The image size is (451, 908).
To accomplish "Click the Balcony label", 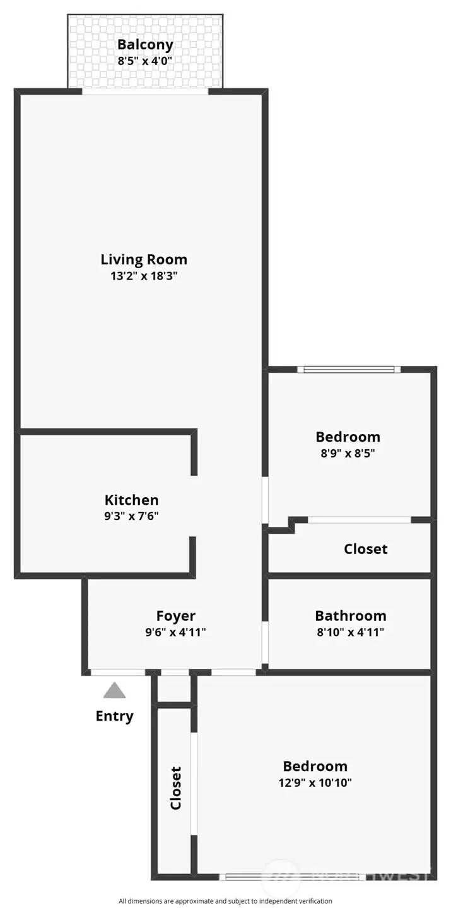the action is point(145,45).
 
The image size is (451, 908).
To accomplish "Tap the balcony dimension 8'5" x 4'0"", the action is point(145,61).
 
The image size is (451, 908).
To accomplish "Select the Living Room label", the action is point(144,259).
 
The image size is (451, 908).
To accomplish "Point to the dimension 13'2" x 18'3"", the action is point(144,276).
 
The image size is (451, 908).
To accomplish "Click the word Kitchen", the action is point(131,500).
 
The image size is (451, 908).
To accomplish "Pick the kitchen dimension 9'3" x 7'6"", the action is point(131,516).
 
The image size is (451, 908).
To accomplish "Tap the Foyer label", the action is point(176,616).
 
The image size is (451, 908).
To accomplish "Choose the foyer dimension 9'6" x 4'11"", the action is point(175,632).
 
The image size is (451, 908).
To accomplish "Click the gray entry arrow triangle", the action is point(115,690).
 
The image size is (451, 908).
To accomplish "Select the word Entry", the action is point(114,716).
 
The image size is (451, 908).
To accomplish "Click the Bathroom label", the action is point(351,616).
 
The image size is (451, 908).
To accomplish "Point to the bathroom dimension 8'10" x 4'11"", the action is point(351,632).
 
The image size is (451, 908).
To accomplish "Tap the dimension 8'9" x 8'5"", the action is point(348,453).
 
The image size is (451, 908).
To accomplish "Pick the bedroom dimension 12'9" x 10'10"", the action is point(315,782).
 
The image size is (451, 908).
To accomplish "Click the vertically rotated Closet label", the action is point(175,788).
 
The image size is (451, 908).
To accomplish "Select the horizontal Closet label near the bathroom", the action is point(365,549).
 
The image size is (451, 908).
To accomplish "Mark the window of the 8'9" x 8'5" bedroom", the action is point(349,369).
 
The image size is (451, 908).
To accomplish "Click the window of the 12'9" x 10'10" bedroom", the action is point(292,877).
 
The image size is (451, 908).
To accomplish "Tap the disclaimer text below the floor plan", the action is point(225,900).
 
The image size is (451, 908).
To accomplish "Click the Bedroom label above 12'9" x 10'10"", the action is point(315,766).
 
